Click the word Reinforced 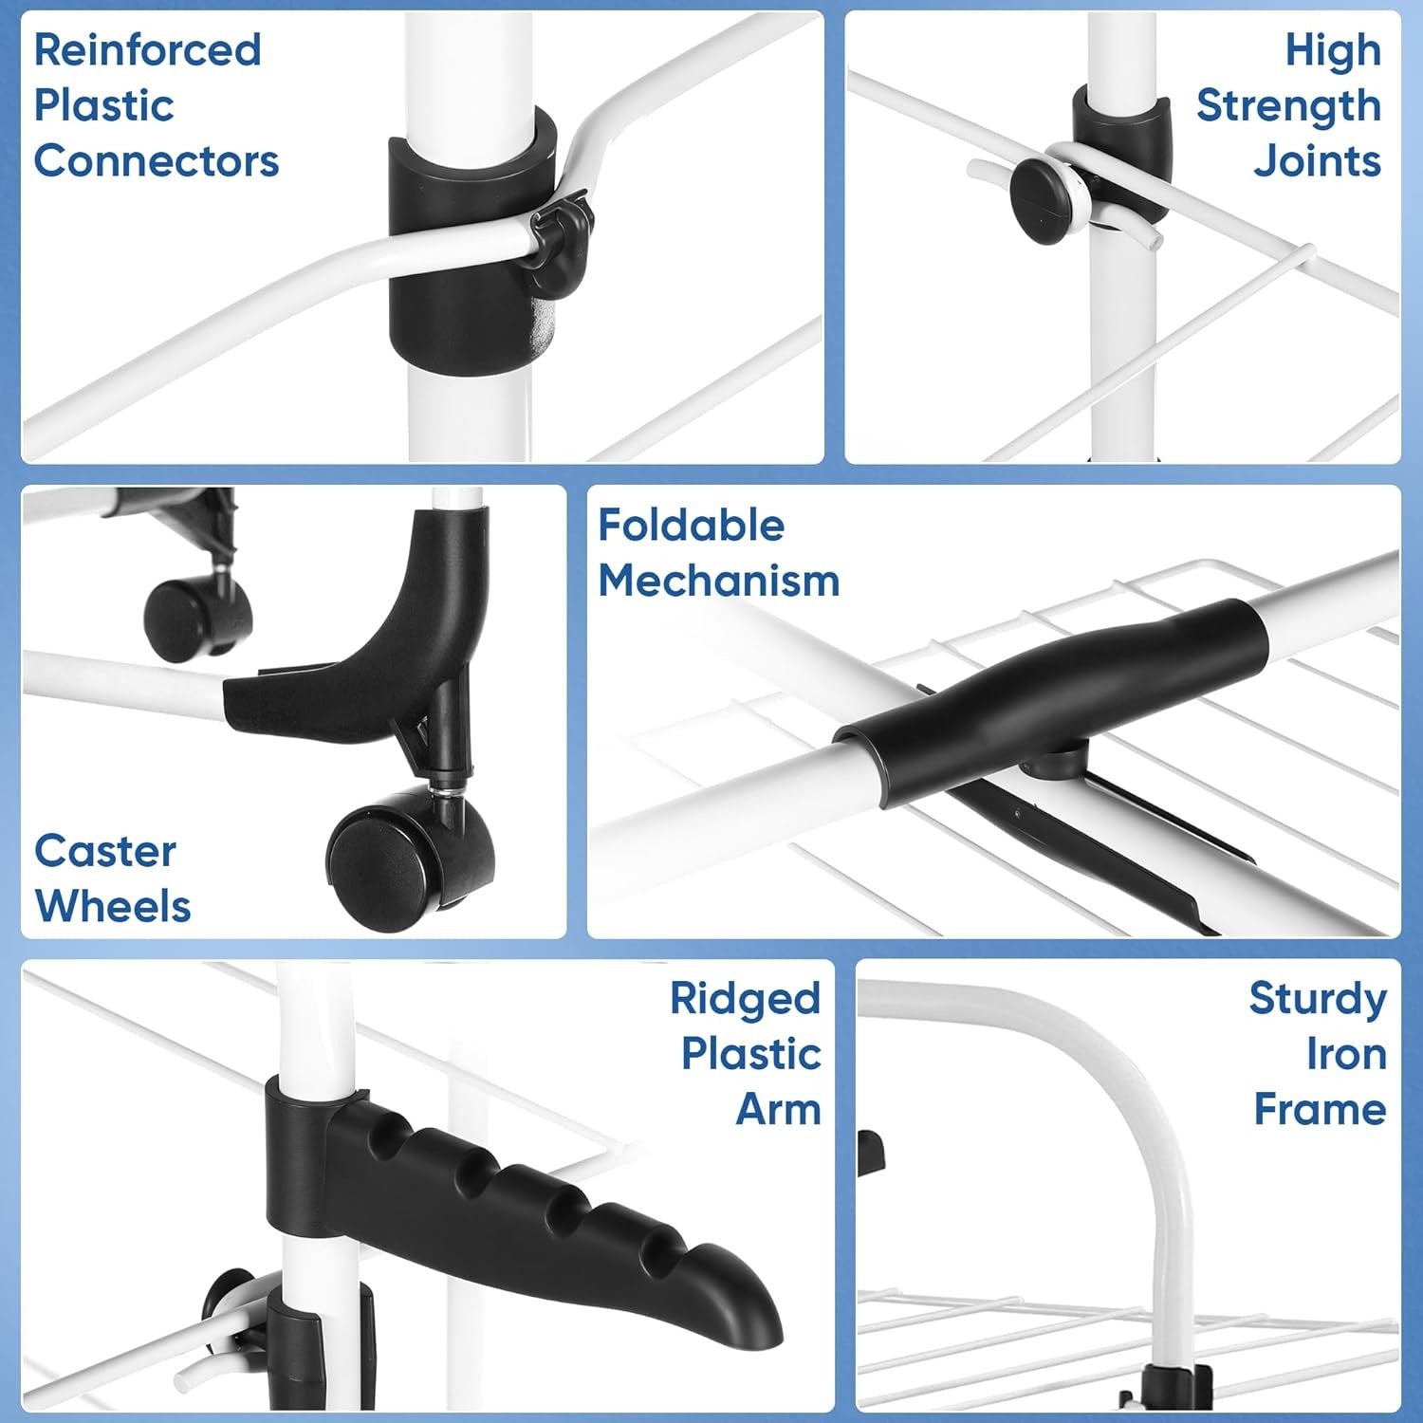pos(148,50)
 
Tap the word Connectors pos(157,161)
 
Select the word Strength pos(1288,107)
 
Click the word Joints pos(1318,161)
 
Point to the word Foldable pos(692,525)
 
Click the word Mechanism pos(719,581)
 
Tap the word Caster pos(105,851)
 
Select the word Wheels pos(113,906)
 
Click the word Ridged pos(746,999)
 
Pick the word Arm pos(779,1109)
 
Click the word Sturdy pos(1318,999)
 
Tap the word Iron pos(1347,1054)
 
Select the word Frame pos(1321,1109)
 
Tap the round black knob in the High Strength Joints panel pos(1042,197)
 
